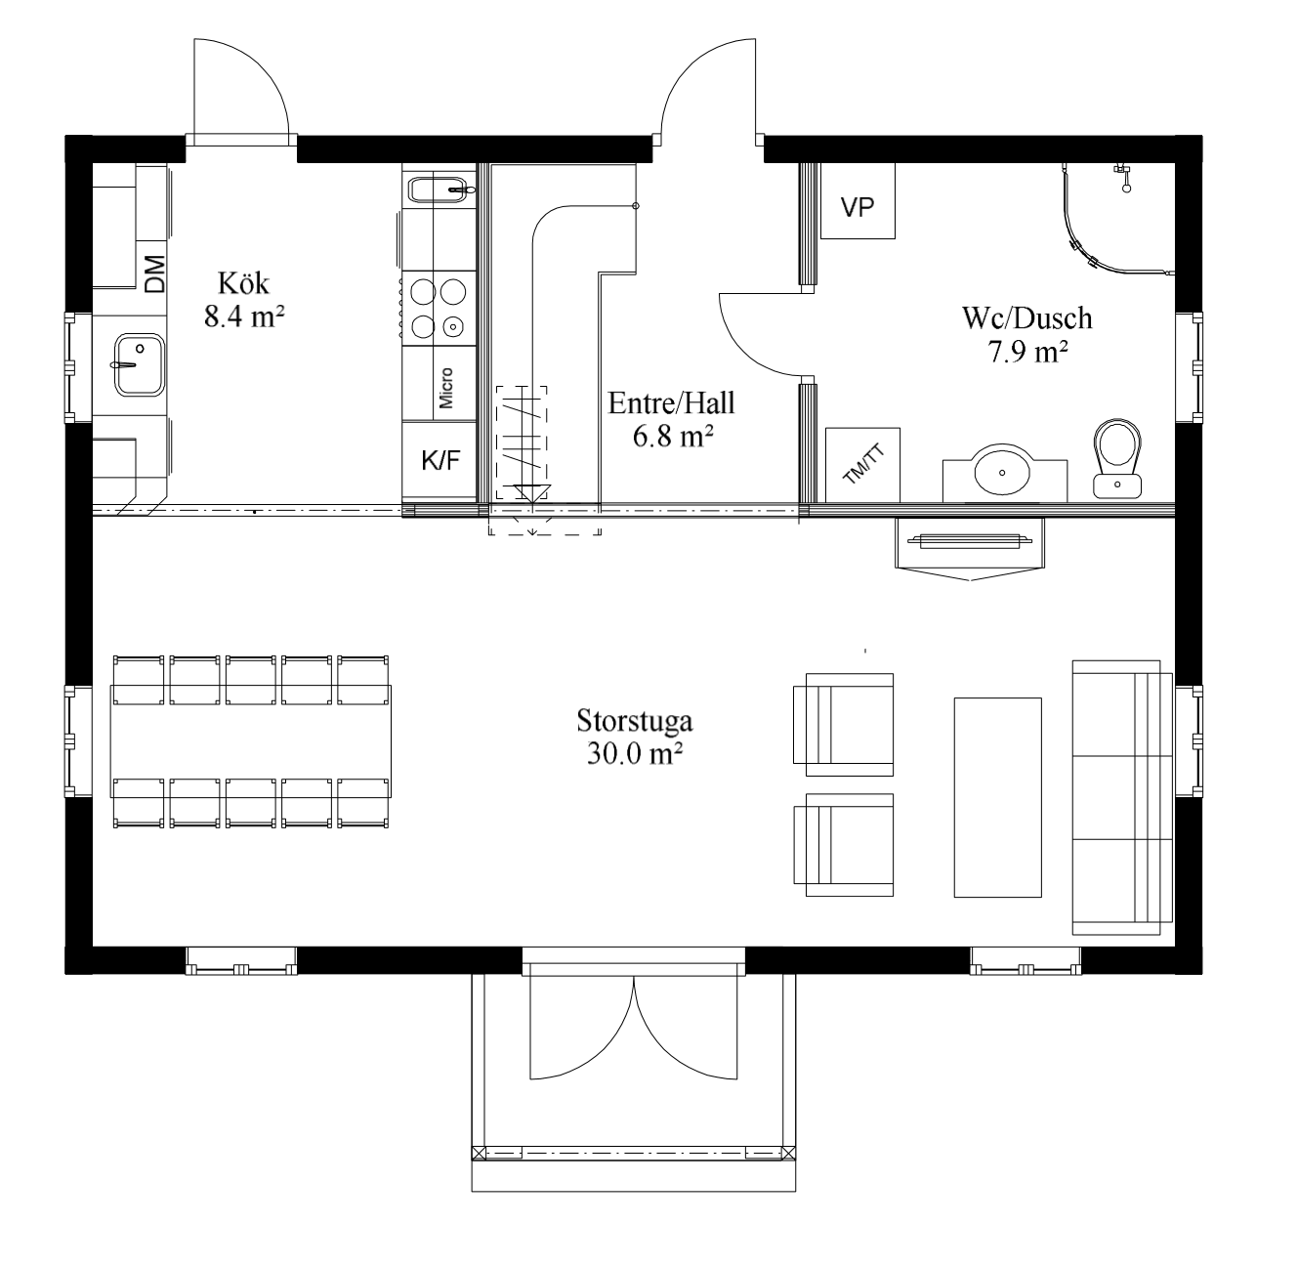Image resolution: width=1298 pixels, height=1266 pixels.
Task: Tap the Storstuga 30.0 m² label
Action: click(x=634, y=738)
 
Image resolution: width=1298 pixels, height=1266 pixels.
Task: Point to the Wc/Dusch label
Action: click(x=1027, y=317)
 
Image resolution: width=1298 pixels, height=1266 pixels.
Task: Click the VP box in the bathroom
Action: click(x=858, y=201)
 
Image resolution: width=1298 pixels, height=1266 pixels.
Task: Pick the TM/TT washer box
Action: click(x=862, y=465)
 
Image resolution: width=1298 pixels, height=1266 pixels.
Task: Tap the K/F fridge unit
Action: click(x=440, y=460)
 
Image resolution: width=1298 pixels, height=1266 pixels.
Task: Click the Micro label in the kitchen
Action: click(x=446, y=388)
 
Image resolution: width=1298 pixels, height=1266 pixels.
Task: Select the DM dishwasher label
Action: click(x=154, y=274)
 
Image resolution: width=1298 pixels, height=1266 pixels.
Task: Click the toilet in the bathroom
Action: click(x=1117, y=458)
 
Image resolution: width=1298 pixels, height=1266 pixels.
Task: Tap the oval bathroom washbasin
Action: click(x=1002, y=471)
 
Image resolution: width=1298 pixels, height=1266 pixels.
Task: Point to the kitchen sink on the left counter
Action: click(x=140, y=365)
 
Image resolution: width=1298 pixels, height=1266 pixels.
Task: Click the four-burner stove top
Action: click(x=439, y=308)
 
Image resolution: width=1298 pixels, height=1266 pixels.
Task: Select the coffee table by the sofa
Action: click(x=998, y=797)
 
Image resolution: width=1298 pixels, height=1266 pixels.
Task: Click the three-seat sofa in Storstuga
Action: click(x=1122, y=797)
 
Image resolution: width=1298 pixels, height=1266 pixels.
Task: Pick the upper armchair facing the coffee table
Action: click(x=844, y=725)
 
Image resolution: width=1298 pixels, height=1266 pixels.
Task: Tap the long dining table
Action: click(x=251, y=741)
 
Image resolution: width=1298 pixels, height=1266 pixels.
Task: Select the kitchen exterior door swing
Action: click(x=241, y=87)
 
